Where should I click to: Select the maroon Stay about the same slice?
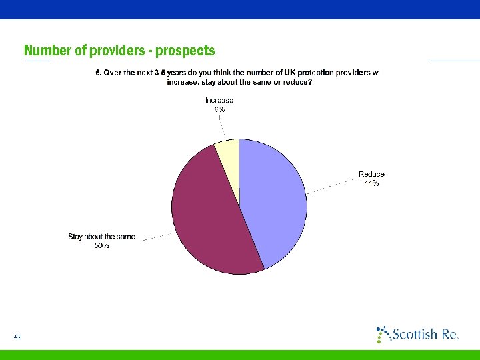207,213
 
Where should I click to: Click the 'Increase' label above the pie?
219,100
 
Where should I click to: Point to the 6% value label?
219,109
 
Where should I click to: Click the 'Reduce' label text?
371,174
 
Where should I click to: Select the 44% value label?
371,183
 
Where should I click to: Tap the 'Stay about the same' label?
101,237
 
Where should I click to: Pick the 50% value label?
101,245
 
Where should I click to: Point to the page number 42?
18,337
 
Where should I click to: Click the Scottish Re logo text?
424,334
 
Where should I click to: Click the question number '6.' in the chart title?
98,73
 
